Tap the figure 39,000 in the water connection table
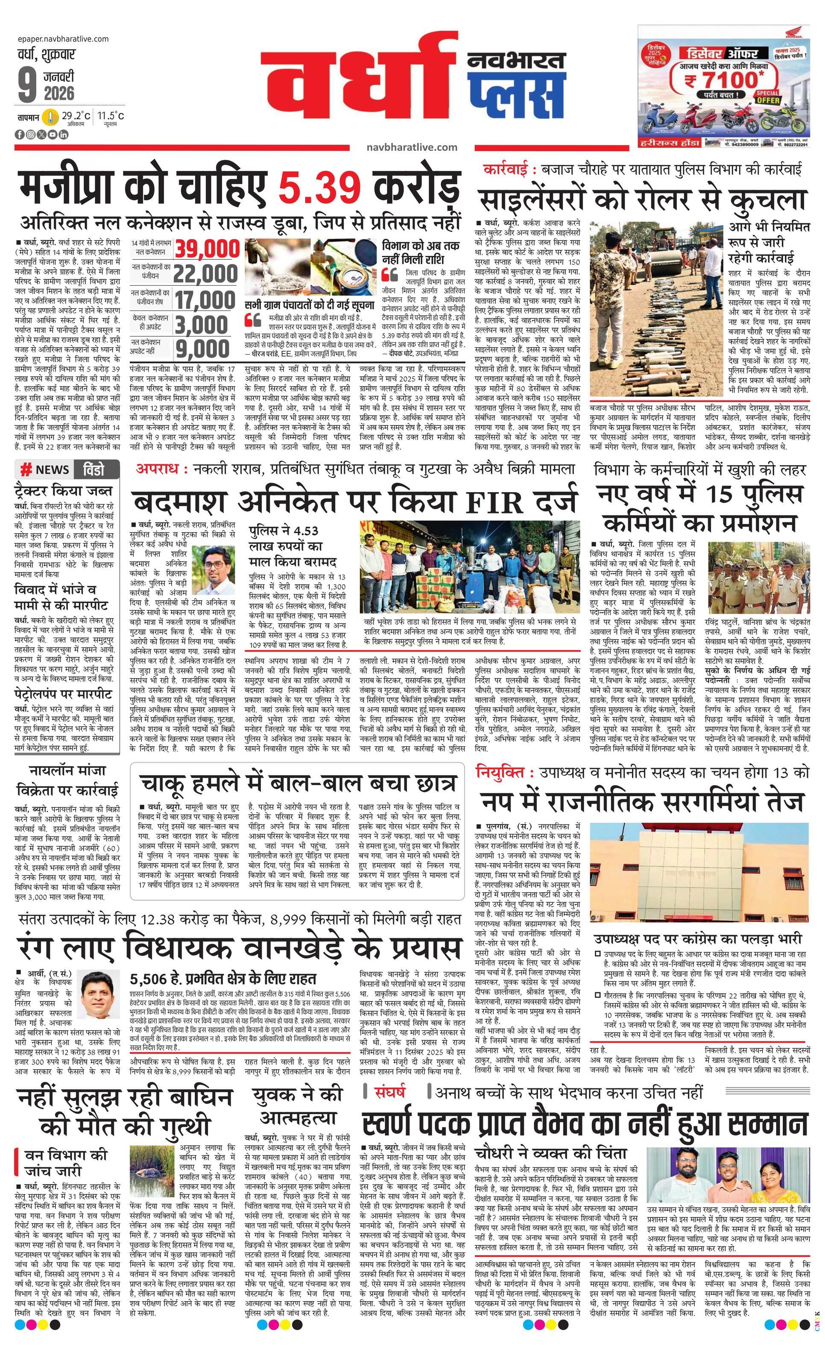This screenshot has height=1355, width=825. pos(207,249)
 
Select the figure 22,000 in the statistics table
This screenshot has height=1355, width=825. pos(207,274)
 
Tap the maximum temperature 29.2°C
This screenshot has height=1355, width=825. pos(76,115)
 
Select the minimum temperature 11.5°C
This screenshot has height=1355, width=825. pos(111,115)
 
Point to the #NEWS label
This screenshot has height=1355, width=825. pos(45,469)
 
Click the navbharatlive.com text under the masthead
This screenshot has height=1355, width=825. pos(412,147)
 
